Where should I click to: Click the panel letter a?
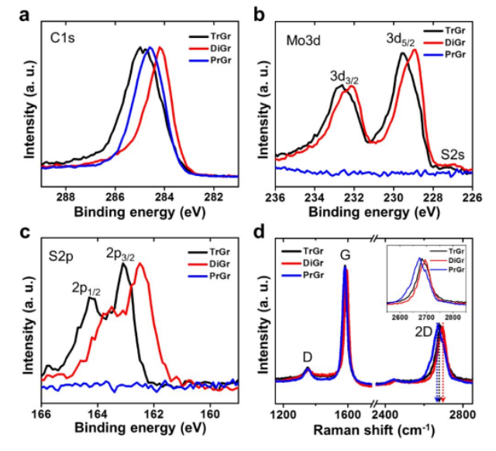(x=24, y=15)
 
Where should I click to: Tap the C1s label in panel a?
(x=62, y=38)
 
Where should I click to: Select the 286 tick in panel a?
(x=115, y=197)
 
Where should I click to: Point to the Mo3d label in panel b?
(x=303, y=41)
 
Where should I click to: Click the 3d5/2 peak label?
(x=400, y=40)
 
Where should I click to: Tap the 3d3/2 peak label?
(x=344, y=77)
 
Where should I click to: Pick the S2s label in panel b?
(x=453, y=155)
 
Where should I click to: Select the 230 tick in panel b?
(x=394, y=197)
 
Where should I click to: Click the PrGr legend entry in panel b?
(x=444, y=54)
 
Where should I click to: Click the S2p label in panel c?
(x=61, y=256)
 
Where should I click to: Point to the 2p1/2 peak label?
(x=86, y=289)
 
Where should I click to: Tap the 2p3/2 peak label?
(x=120, y=255)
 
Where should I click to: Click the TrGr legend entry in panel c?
(x=209, y=252)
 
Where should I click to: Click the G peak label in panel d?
(x=345, y=255)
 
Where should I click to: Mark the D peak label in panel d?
(x=308, y=357)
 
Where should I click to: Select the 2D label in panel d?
(x=424, y=332)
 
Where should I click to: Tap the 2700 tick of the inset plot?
(x=426, y=317)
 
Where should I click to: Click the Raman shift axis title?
(x=374, y=430)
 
